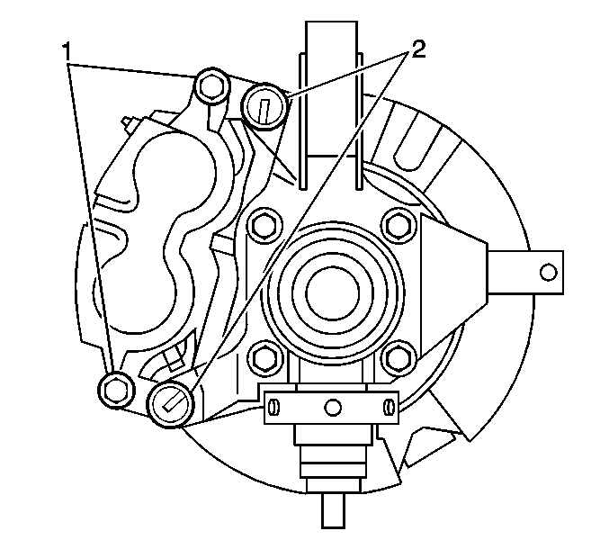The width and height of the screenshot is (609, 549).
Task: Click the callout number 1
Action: [67, 51]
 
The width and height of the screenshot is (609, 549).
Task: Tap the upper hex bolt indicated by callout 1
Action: [210, 86]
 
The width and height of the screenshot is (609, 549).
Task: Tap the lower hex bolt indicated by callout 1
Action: [116, 390]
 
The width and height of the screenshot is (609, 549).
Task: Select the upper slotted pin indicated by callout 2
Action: [264, 106]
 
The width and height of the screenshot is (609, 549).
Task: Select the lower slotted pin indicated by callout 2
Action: [171, 404]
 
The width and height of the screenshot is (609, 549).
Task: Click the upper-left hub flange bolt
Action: [264, 225]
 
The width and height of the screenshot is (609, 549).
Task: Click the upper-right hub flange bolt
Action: [399, 225]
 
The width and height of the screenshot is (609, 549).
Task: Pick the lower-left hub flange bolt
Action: [264, 358]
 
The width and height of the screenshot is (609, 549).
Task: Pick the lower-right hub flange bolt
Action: [399, 358]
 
